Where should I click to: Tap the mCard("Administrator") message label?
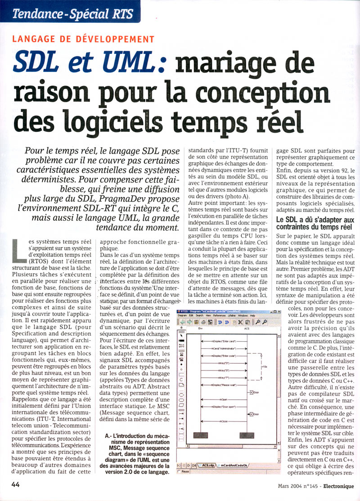pyautogui.click(x=224, y=349)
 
